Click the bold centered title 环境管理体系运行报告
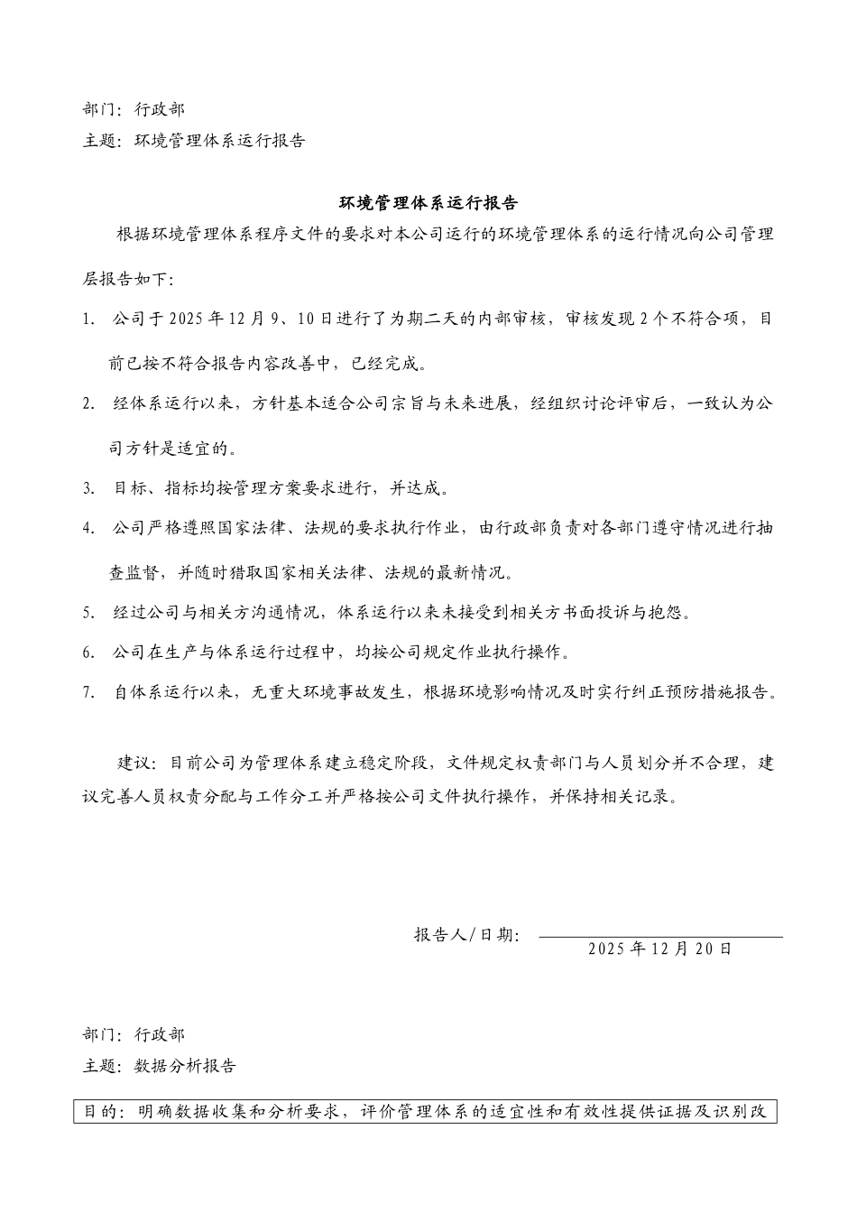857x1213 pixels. click(x=428, y=202)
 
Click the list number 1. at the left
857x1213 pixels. click(x=88, y=319)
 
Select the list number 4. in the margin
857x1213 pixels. click(x=88, y=529)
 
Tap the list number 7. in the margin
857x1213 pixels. click(x=88, y=693)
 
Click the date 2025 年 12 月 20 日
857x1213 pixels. click(x=659, y=949)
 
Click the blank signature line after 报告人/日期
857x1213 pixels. click(x=660, y=935)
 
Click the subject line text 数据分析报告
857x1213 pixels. click(x=186, y=1066)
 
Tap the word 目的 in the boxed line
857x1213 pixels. click(x=100, y=1111)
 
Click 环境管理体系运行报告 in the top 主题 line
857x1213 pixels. click(x=220, y=141)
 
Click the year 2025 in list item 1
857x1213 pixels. click(x=186, y=319)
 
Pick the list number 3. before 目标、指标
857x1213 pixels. click(x=88, y=488)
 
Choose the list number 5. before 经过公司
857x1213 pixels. click(x=88, y=613)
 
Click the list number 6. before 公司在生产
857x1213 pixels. click(x=88, y=653)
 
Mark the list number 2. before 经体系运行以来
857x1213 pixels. click(x=88, y=403)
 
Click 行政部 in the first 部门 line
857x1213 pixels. click(x=160, y=109)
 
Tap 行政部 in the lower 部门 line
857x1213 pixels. click(x=160, y=1034)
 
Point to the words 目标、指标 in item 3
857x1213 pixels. click(x=151, y=488)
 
